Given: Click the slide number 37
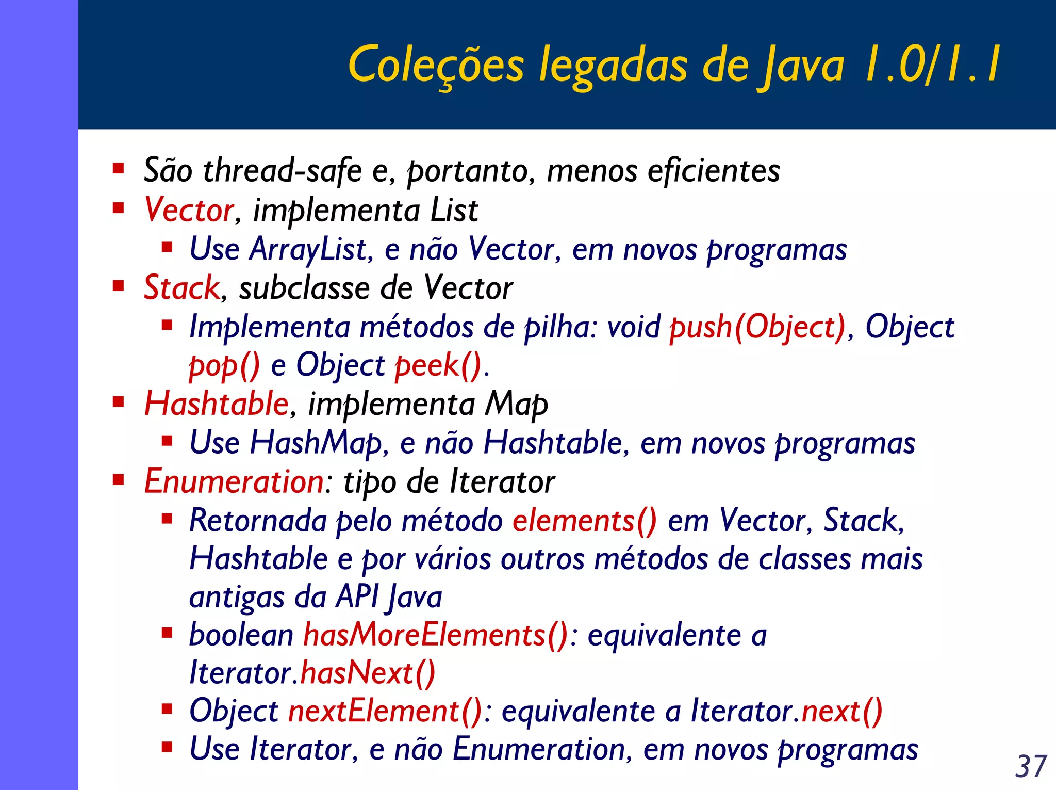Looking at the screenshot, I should [x=1031, y=766].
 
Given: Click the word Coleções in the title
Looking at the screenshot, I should [x=436, y=66].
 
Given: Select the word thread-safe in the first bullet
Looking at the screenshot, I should [x=283, y=170].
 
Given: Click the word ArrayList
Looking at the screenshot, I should [x=308, y=249].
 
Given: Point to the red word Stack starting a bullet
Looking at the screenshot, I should [x=181, y=288].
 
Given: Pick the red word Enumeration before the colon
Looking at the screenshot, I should [x=234, y=481].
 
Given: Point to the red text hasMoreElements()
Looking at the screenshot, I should [x=435, y=635].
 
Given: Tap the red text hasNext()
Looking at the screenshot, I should [x=368, y=673].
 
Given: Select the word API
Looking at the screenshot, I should [x=357, y=597].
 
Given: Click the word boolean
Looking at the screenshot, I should [x=241, y=635].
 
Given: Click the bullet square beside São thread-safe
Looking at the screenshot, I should [x=119, y=168].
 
